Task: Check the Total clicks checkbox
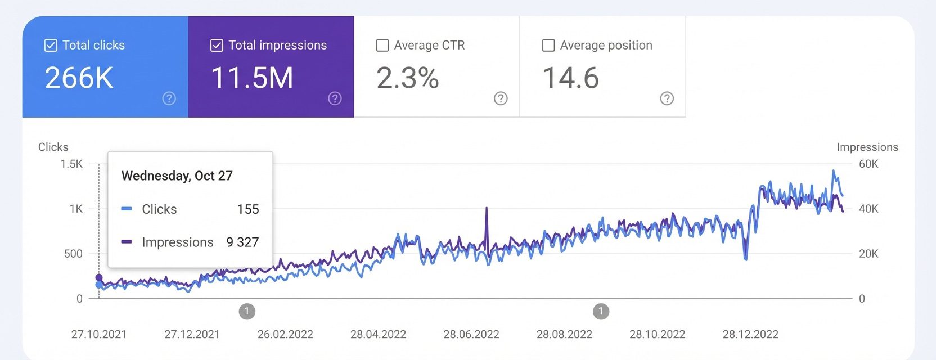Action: tap(51, 46)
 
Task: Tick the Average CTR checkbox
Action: tap(382, 46)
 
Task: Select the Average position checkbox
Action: tap(548, 46)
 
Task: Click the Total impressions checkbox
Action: tap(217, 46)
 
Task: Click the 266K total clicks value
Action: tap(79, 78)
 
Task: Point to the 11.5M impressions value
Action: tap(252, 78)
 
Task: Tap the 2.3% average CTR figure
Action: tap(408, 78)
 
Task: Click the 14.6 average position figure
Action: tap(571, 78)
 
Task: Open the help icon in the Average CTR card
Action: tap(501, 98)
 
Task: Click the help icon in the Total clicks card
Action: tap(169, 98)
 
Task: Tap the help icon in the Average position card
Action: tap(667, 98)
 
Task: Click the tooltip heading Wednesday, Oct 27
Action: tap(177, 175)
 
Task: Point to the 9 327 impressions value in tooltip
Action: tap(242, 242)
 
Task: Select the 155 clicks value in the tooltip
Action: tap(248, 209)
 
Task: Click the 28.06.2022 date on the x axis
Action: tap(471, 335)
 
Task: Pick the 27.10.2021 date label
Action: tap(99, 335)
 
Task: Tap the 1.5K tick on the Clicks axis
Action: tap(71, 164)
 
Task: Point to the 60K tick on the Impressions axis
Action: tap(868, 164)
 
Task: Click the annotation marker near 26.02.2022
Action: tap(247, 311)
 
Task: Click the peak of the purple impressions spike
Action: tap(487, 208)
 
